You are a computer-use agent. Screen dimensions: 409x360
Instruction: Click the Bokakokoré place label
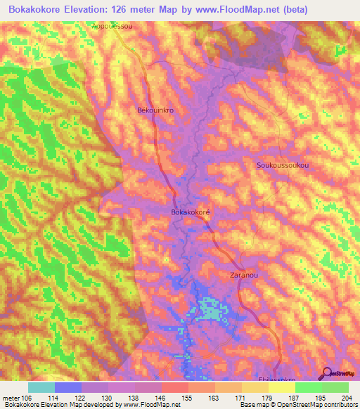[x=191, y=211]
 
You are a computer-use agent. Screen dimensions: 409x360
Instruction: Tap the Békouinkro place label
[x=154, y=111]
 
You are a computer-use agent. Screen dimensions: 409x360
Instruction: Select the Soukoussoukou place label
[x=283, y=165]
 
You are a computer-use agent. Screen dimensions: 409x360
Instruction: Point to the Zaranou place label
[x=244, y=276]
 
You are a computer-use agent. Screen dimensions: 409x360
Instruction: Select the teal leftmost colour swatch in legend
[x=41, y=387]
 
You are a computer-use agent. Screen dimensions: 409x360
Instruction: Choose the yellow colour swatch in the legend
[x=281, y=387]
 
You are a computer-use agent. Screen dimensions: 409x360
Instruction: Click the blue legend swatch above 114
[x=67, y=387]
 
